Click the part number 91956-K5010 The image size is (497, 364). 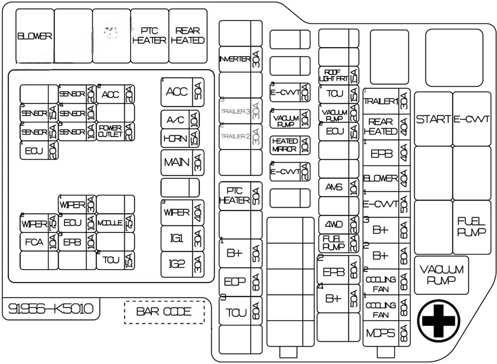[x=51, y=309]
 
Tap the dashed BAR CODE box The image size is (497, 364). [x=164, y=312]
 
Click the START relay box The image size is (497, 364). [x=433, y=119]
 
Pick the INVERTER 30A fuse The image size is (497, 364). [x=241, y=60]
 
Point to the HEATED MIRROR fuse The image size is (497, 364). [x=290, y=145]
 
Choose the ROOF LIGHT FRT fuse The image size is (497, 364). [x=338, y=75]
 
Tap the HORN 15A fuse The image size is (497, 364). [x=180, y=138]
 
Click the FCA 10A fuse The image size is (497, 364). [x=39, y=242]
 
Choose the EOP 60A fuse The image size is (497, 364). [x=241, y=282]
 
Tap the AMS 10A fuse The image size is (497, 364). [x=338, y=187]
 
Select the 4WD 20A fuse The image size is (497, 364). [x=338, y=224]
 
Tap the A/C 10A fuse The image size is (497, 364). [x=180, y=120]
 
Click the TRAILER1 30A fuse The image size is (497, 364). [x=386, y=102]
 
